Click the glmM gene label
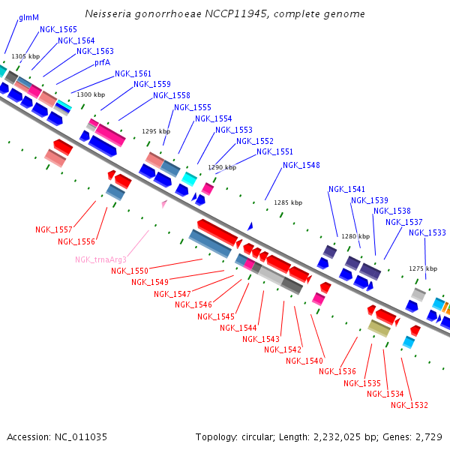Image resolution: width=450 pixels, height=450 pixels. pos(28,18)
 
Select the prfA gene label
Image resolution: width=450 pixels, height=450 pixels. pos(103,62)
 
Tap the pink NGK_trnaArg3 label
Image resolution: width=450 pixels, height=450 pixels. pos(100,259)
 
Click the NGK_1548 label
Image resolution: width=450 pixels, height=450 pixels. pos(301,165)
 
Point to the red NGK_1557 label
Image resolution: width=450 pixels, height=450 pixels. pos(54,229)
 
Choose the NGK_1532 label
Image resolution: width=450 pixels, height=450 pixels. pos(409,405)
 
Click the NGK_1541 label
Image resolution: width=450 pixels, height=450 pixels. pos(346,189)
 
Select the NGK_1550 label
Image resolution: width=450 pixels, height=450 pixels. pos(130,271)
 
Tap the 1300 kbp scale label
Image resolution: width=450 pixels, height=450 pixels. pos(91,94)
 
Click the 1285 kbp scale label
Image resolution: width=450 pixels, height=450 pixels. pos(288,202)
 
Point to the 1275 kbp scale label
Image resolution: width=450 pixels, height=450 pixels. pos(423,268)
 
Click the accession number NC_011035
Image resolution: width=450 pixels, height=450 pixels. pos(81,437)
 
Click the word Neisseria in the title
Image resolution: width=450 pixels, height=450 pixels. pos(108,13)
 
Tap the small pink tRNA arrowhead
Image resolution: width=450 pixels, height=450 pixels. pos(164,204)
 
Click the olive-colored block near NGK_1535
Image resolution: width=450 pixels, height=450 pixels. pos(379,328)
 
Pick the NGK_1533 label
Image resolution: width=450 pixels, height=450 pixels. pos(427,232)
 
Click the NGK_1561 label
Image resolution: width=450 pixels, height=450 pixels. pos(133,73)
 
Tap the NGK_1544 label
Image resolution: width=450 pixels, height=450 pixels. pos(238,328)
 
